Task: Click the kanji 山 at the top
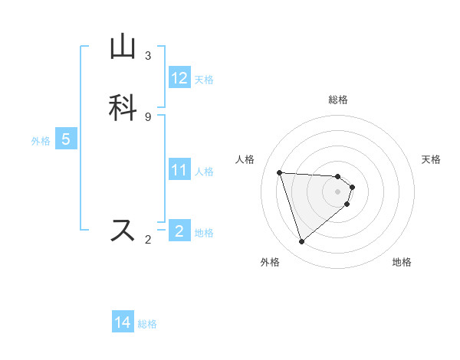[x=123, y=47]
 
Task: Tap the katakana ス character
[x=123, y=230]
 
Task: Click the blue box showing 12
[x=179, y=78]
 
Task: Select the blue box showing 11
[x=179, y=170]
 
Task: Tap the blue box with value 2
[x=179, y=231]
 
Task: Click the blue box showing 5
[x=66, y=139]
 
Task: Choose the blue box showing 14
[x=123, y=322]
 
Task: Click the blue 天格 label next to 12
[x=204, y=79]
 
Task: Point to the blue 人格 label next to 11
[x=204, y=171]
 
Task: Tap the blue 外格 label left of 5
[x=41, y=140]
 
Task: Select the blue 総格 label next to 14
[x=147, y=323]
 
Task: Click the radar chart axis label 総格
[x=338, y=100]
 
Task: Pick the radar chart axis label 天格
[x=431, y=159]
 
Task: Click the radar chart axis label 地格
[x=402, y=262]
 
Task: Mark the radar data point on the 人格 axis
[x=280, y=172]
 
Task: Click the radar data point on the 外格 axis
[x=302, y=242]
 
